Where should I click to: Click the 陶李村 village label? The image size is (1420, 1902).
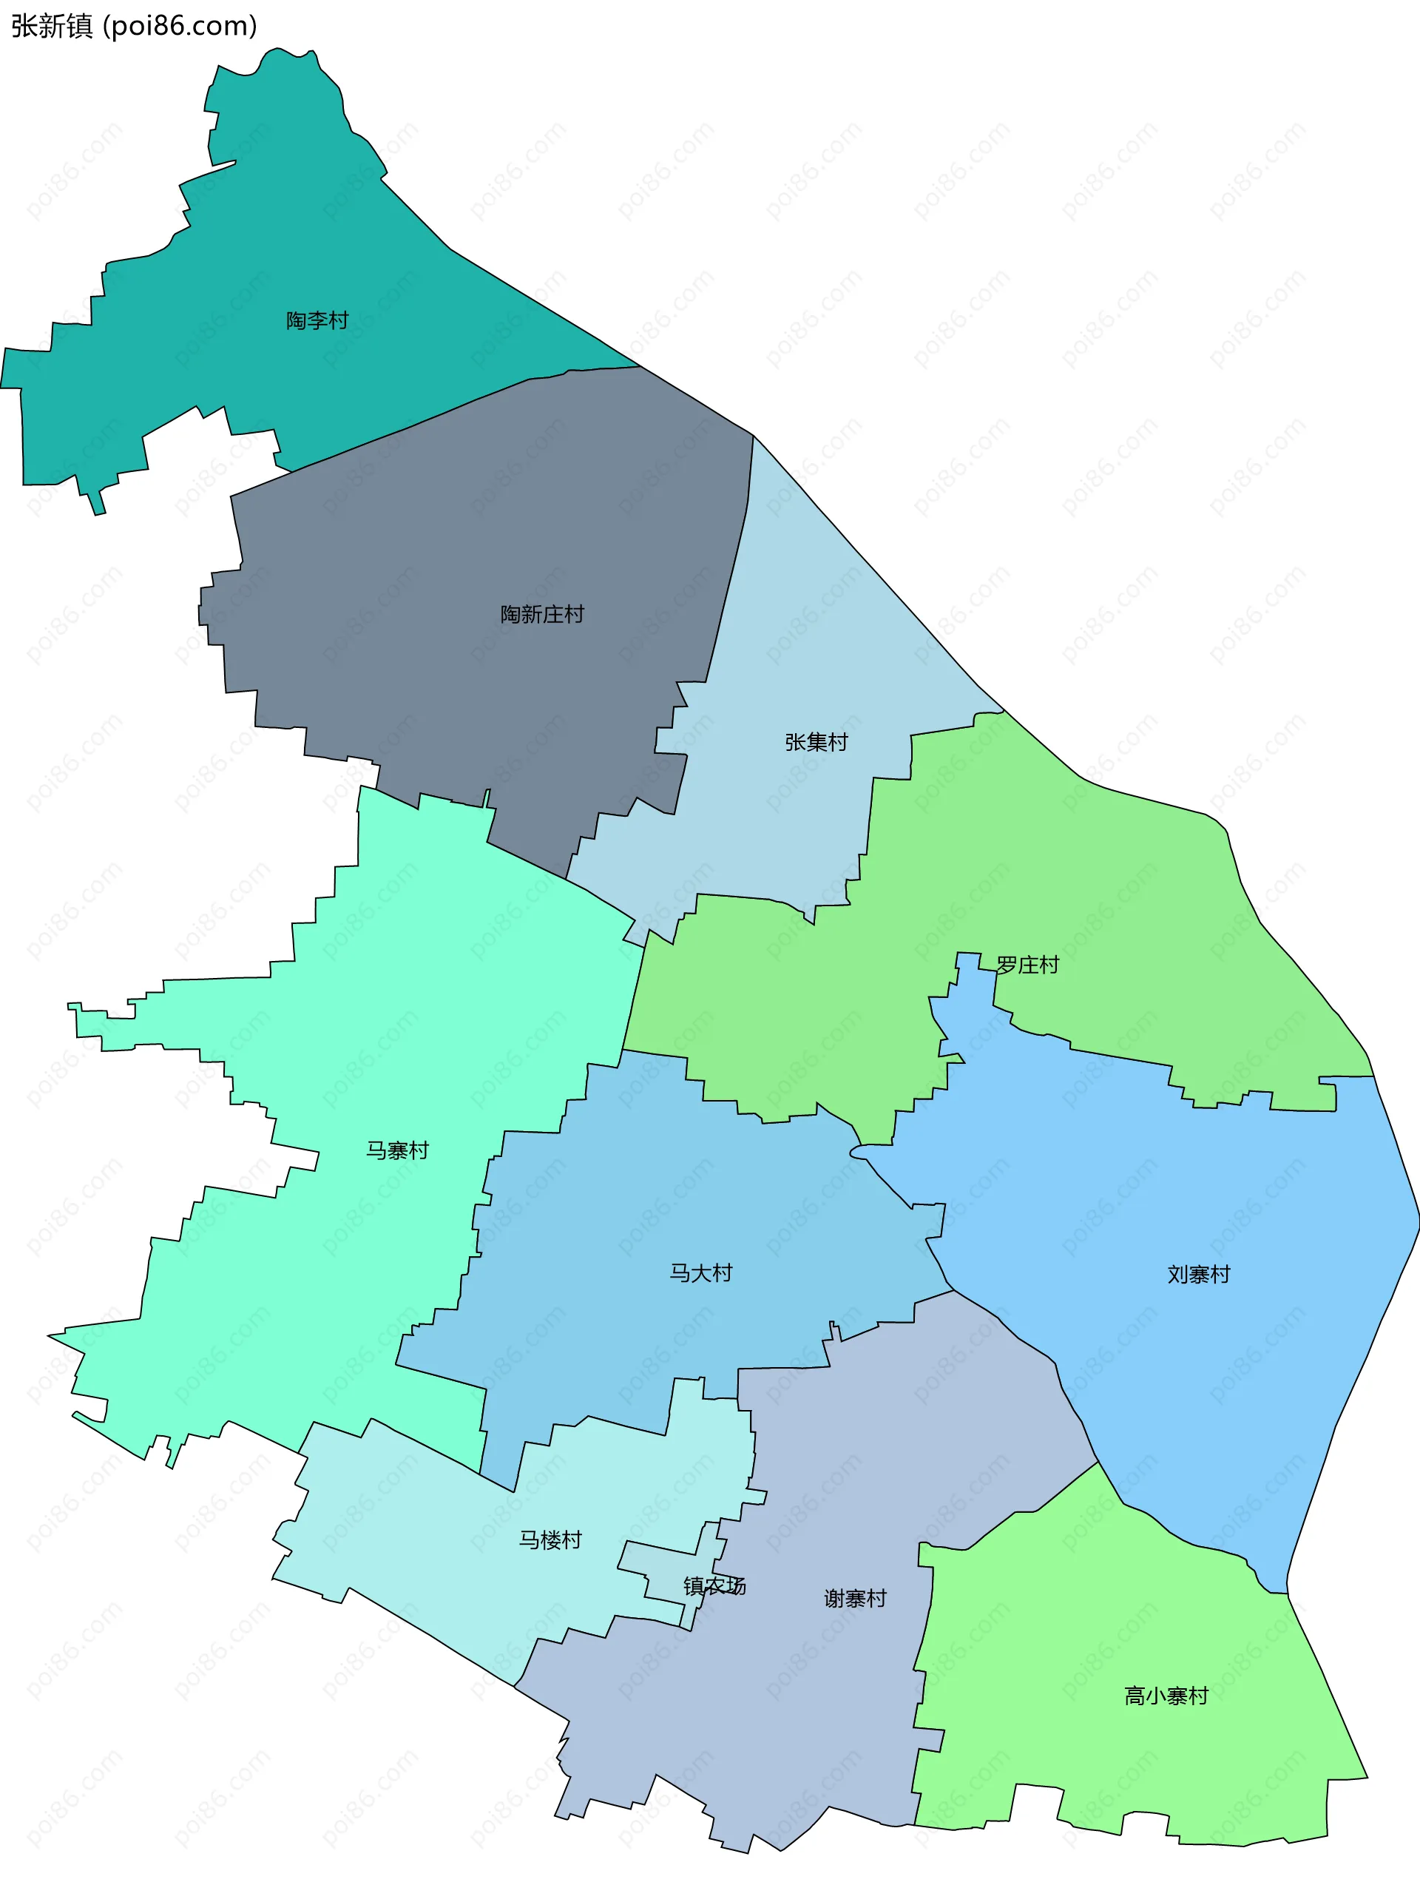(317, 321)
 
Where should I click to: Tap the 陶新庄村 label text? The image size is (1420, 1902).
(541, 615)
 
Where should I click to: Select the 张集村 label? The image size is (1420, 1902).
(816, 742)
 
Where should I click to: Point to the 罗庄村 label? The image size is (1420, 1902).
(1027, 965)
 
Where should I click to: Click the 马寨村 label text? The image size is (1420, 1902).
(397, 1150)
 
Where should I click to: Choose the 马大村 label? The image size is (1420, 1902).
(700, 1273)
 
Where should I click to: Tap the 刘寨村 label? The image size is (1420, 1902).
(1198, 1275)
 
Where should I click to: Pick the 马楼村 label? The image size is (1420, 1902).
(550, 1540)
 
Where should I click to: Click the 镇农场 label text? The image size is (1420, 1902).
(714, 1585)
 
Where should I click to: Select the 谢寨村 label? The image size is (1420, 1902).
(854, 1599)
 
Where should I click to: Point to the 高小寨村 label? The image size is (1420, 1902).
(1166, 1696)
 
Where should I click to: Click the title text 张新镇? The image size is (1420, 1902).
(52, 27)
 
